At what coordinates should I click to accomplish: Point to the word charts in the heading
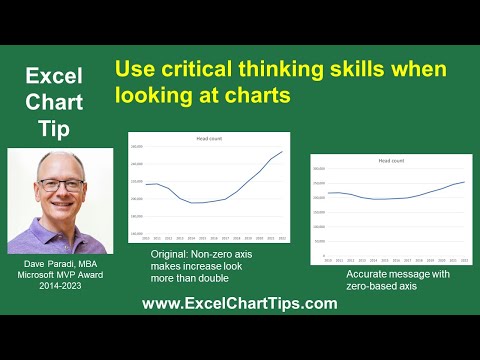click(245, 96)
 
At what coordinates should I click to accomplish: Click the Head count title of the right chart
click(391, 160)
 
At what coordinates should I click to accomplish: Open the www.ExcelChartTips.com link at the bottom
click(239, 305)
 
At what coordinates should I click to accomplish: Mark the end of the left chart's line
click(283, 152)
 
